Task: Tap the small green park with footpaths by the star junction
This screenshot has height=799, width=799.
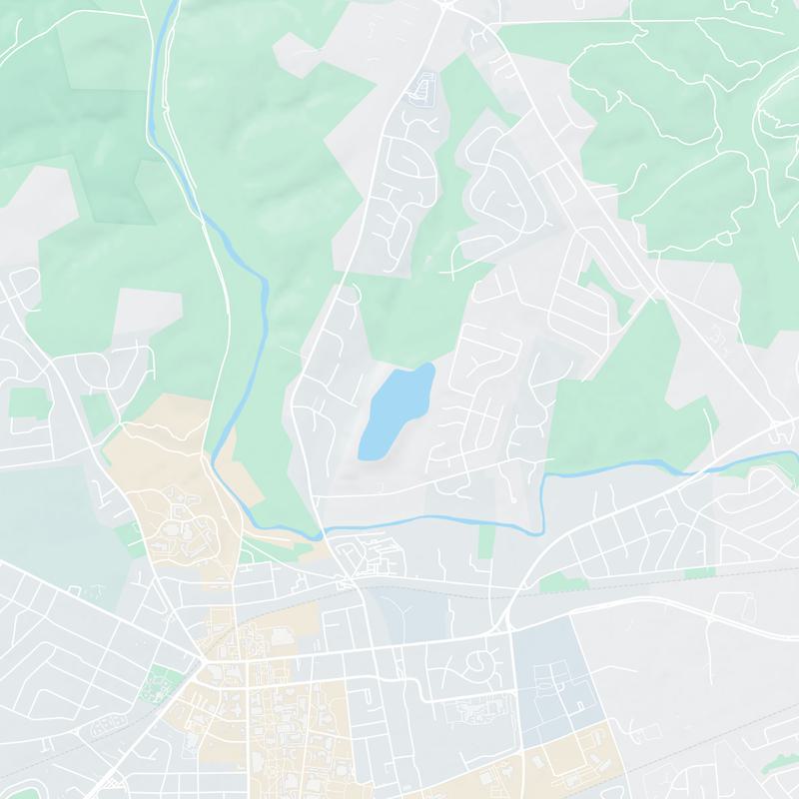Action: pyautogui.click(x=158, y=685)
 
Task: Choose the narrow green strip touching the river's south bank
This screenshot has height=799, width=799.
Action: pyautogui.click(x=486, y=539)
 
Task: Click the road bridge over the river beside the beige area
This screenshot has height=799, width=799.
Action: pyautogui.click(x=325, y=535)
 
